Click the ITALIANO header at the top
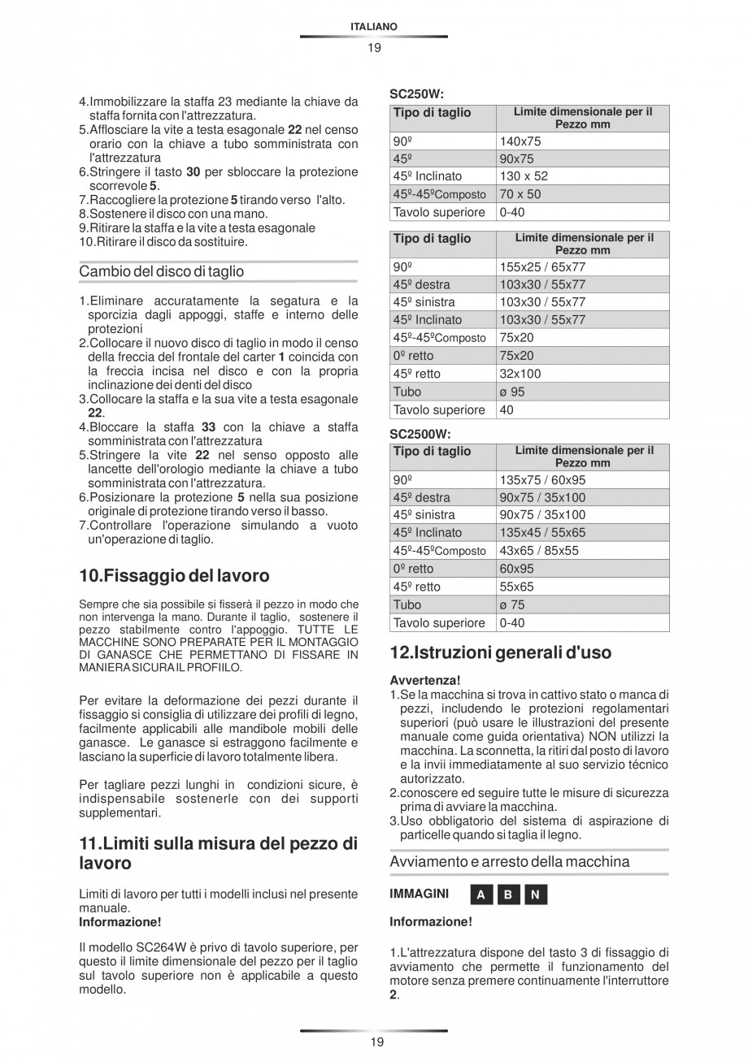(373, 27)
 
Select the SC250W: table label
(416, 94)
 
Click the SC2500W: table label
(420, 434)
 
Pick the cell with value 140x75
(520, 141)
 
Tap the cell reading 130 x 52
(524, 176)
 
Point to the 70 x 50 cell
(520, 194)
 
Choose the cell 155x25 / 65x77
(542, 266)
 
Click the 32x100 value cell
(520, 374)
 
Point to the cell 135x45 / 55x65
(542, 533)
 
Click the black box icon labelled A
(481, 895)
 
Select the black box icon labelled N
(535, 895)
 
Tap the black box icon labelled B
(508, 895)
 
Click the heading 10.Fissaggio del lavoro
(174, 576)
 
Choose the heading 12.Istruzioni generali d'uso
(501, 652)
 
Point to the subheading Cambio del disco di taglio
(161, 271)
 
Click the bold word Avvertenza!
(425, 679)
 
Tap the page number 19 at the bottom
(373, 1042)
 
